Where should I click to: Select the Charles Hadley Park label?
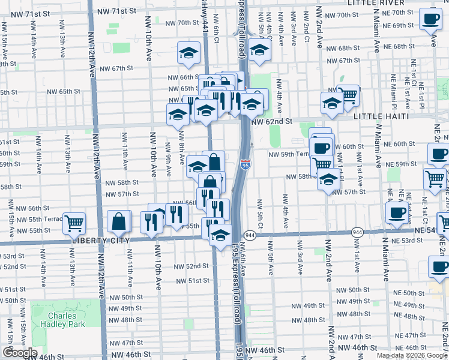[x=62, y=320]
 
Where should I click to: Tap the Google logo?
[x=19, y=352]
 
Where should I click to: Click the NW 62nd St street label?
[x=272, y=121]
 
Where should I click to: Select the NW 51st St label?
[x=192, y=280]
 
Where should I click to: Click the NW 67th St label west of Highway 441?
[x=117, y=68]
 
